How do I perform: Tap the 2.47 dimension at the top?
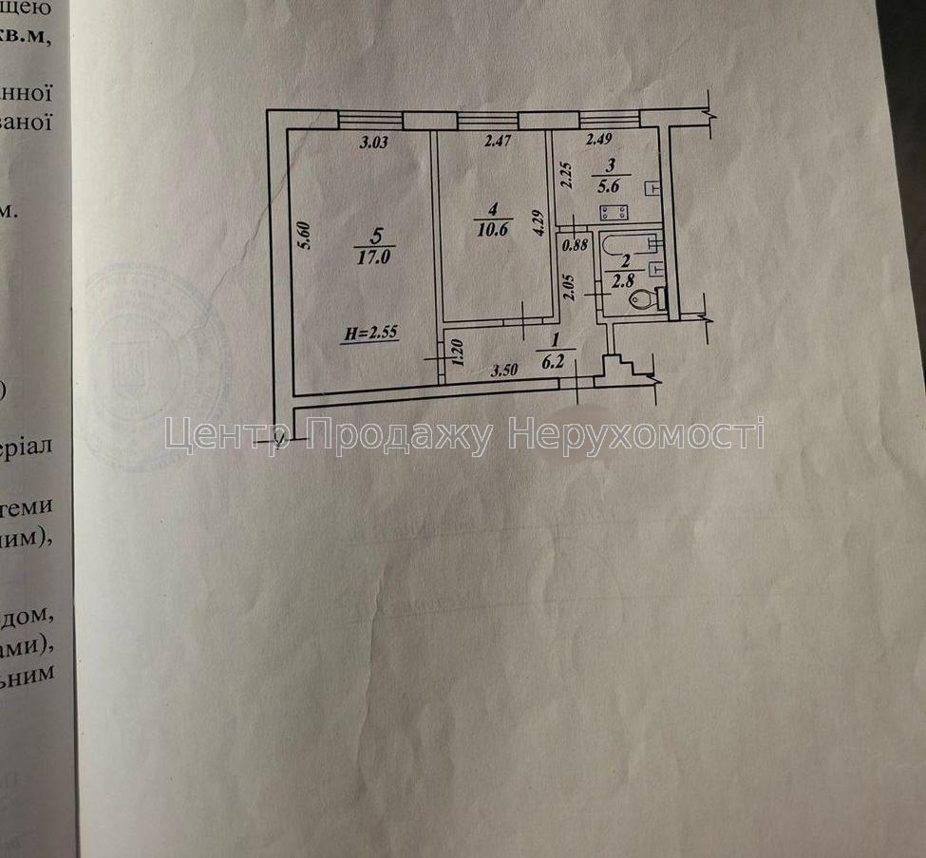[499, 143]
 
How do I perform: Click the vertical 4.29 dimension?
[539, 222]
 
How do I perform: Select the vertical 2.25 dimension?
[564, 177]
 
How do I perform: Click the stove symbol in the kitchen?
[610, 214]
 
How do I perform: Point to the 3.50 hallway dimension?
[503, 371]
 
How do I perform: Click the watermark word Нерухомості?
[636, 435]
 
